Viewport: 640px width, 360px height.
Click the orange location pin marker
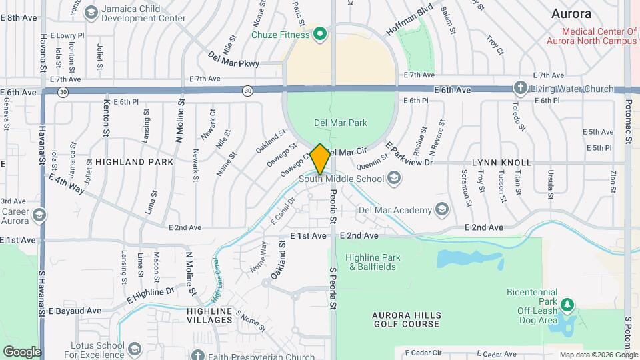coord(320,159)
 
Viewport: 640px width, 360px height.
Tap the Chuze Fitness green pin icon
coord(320,33)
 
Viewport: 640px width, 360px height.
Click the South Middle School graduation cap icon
coord(395,178)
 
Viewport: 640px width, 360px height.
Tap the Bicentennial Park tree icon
coord(567,305)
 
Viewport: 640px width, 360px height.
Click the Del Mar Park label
coord(341,123)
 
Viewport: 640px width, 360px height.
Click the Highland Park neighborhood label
coord(134,162)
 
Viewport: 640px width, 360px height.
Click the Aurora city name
coord(571,13)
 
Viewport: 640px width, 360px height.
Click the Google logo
coord(21,351)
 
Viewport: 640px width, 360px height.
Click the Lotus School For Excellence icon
coord(135,349)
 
